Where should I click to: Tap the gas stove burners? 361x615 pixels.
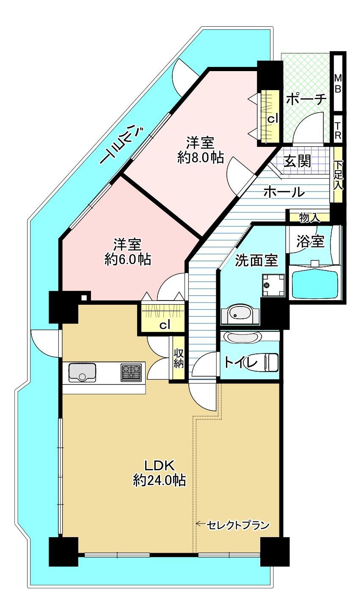click(x=131, y=372)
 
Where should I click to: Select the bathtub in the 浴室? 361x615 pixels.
click(x=314, y=284)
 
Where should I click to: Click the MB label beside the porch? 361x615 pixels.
click(x=338, y=83)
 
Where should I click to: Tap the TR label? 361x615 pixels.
click(x=338, y=130)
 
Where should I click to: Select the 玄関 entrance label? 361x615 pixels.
click(x=297, y=161)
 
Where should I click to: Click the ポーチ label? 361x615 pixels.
click(x=306, y=99)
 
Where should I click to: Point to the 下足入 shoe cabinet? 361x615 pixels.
click(x=338, y=175)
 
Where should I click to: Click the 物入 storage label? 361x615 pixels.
click(x=309, y=218)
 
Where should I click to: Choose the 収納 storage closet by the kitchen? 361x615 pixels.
click(x=178, y=359)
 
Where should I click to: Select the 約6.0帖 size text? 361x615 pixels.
click(x=128, y=259)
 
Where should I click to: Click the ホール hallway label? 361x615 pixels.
click(x=284, y=192)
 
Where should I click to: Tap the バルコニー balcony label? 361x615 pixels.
click(x=123, y=144)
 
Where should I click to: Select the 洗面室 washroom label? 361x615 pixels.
click(x=257, y=260)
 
